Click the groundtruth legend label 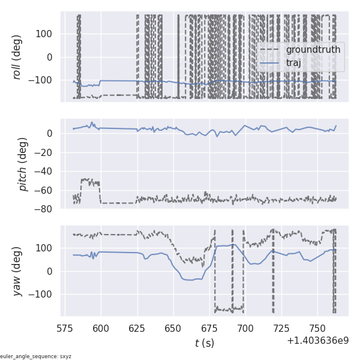[313, 49]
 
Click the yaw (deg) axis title [18, 271]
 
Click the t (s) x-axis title [204, 343]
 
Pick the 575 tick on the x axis [65, 328]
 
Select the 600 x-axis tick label [101, 328]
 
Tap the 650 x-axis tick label [173, 328]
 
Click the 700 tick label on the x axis [245, 328]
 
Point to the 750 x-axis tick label [317, 328]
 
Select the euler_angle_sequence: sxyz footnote [36, 356]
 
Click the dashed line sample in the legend [271, 49]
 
